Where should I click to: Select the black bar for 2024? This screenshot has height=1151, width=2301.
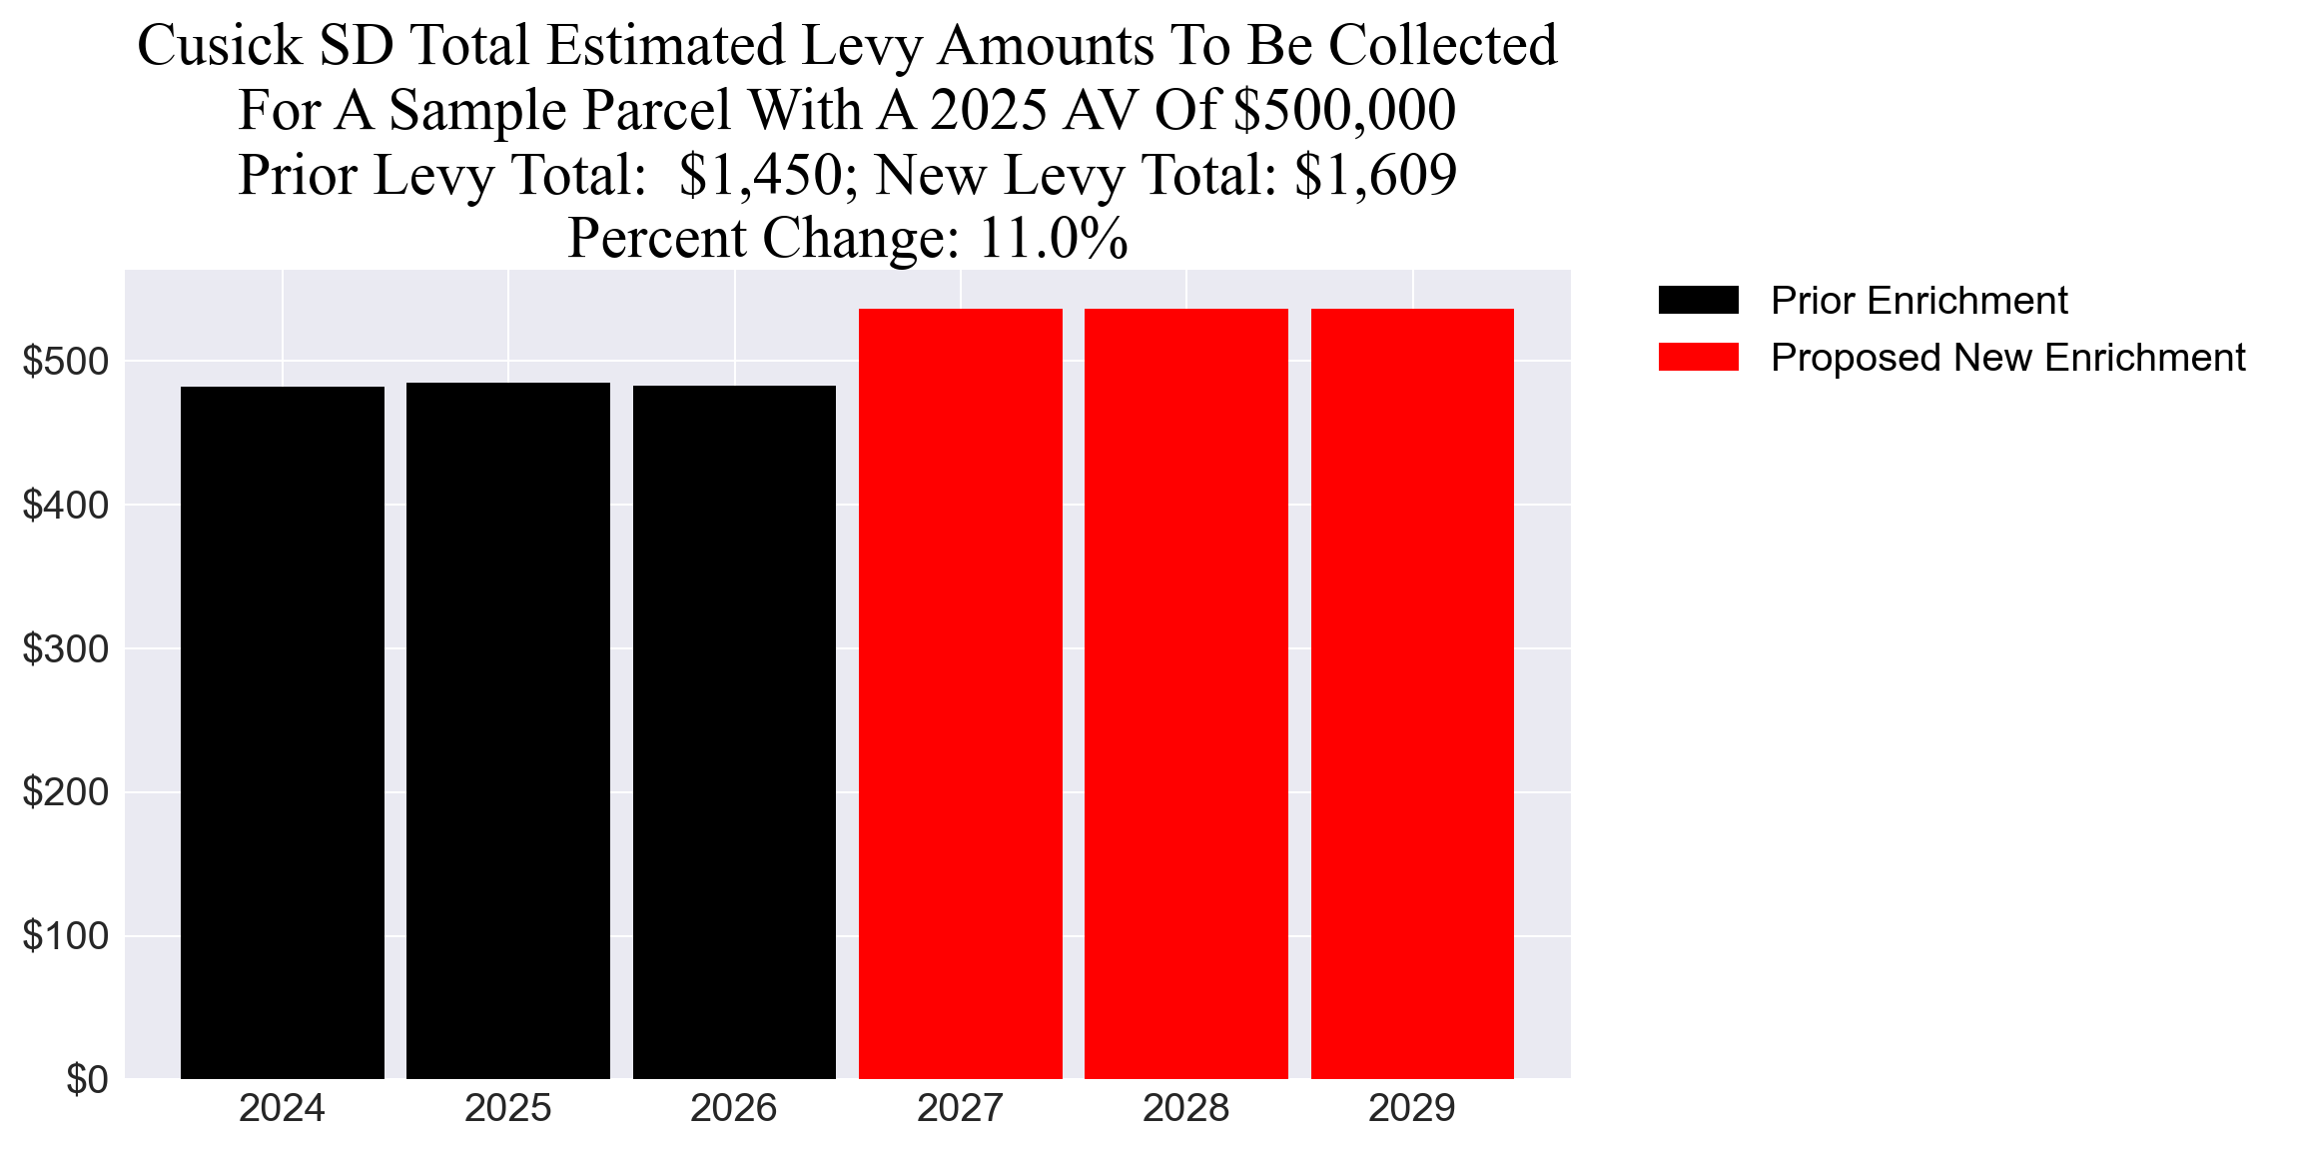[x=283, y=732]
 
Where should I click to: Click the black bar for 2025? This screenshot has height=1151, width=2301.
[x=508, y=730]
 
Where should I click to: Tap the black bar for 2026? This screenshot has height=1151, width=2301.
[x=734, y=732]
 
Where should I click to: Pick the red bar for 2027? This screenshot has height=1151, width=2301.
[x=961, y=693]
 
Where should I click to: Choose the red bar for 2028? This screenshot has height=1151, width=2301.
[x=1186, y=693]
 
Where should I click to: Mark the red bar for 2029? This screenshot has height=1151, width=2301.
[x=1412, y=693]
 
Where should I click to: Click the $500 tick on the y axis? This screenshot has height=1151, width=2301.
[x=66, y=362]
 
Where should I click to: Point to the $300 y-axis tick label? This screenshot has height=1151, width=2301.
[x=66, y=649]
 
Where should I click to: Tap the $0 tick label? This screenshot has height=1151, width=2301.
[x=87, y=1080]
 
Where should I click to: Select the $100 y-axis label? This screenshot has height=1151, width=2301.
[x=66, y=936]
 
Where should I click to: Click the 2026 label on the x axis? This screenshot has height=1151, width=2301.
[x=734, y=1109]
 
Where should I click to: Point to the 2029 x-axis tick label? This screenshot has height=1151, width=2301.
[x=1412, y=1109]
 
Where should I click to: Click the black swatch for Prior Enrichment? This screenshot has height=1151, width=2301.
[x=1698, y=300]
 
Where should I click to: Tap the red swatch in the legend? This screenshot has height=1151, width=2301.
[x=1698, y=358]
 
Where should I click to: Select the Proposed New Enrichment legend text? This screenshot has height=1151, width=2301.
[x=2007, y=358]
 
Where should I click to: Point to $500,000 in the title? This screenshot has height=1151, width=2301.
[x=1344, y=110]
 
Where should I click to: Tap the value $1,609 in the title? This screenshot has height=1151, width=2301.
[x=1375, y=175]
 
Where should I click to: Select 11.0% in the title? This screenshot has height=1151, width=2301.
[x=1053, y=239]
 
